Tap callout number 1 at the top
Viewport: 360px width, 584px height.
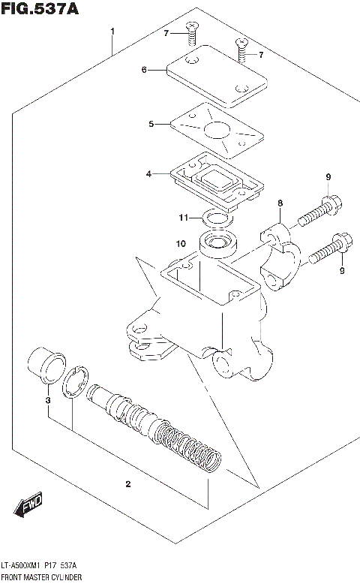[112, 32]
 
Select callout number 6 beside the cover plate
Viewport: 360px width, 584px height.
[143, 71]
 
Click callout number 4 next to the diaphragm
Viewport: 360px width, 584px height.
[148, 173]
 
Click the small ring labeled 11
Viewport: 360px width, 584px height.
[216, 219]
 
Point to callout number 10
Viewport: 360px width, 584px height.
[181, 243]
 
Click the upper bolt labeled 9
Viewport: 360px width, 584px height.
[321, 212]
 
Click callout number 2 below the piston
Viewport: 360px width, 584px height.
[128, 484]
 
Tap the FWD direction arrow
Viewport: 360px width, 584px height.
[29, 506]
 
